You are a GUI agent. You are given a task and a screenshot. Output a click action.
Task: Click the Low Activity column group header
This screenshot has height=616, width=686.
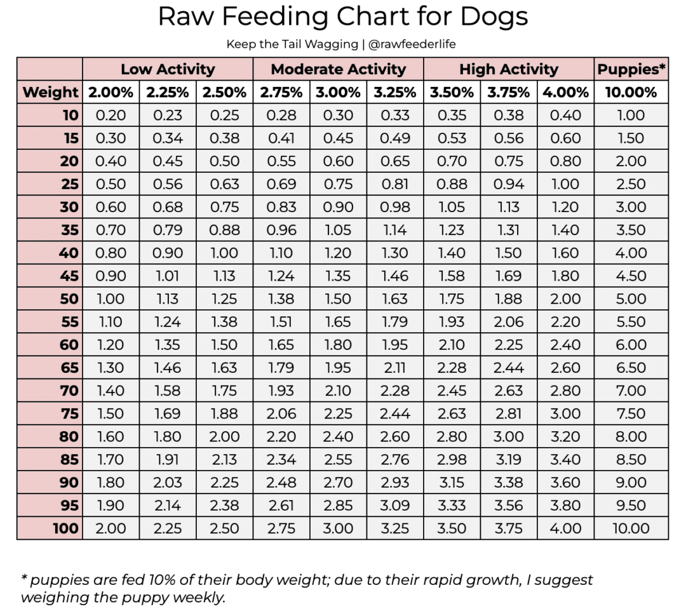tap(168, 69)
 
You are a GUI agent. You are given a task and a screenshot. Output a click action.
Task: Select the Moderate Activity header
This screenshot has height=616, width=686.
tap(338, 69)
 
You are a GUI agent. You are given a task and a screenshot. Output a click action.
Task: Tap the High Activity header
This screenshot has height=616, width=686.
tap(509, 69)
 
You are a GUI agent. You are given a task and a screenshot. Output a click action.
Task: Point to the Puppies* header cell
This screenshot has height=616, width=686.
tap(631, 69)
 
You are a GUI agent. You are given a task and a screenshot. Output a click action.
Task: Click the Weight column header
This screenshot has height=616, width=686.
tap(50, 92)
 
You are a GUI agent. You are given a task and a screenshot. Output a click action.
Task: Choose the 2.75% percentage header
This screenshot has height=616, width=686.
tap(281, 92)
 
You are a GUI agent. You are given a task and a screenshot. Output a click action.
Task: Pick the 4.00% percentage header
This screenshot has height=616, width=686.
tap(565, 92)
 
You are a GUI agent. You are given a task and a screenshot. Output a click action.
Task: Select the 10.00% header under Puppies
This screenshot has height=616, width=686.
tap(631, 92)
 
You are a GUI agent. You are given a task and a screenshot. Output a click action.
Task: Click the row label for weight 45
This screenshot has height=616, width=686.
tap(69, 276)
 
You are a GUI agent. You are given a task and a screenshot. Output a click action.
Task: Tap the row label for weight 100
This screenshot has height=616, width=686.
tap(65, 528)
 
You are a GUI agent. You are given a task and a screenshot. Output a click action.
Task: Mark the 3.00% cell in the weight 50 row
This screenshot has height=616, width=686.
tap(338, 299)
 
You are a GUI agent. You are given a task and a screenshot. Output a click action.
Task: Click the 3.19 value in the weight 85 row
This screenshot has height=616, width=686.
tap(508, 460)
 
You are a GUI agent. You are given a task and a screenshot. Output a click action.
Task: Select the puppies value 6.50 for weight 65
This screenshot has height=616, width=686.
tap(631, 368)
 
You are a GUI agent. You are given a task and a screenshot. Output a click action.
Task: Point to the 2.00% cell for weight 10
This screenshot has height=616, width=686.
tap(111, 116)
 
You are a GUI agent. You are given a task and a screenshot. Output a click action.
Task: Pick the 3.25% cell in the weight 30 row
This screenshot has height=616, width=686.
tap(394, 207)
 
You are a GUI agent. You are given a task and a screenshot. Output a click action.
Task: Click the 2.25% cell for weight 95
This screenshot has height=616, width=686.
tap(168, 506)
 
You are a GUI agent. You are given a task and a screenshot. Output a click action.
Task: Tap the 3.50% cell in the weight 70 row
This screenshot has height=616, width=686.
tap(452, 391)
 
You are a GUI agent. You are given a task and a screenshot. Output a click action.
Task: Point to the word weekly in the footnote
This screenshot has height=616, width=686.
tap(198, 597)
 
